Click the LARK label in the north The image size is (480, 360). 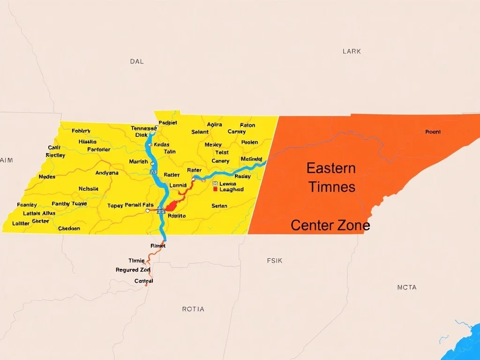coord(352,51)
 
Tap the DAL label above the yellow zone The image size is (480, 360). coord(137,61)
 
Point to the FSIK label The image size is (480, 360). coord(275,261)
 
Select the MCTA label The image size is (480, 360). coord(406,287)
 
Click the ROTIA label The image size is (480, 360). coord(193,309)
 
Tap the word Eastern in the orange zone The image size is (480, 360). coord(331,168)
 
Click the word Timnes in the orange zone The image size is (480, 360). coord(331,187)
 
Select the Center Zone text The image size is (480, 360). coord(330,225)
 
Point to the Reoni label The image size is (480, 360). coord(433,132)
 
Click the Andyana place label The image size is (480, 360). coord(107,173)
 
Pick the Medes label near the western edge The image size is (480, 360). coord(47,177)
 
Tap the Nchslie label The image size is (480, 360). coord(89,189)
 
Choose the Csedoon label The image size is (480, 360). coord(69,229)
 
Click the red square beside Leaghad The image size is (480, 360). coord(215,189)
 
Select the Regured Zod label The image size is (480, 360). coord(133,270)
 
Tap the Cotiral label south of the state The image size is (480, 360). coord(143,281)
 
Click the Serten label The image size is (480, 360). coord(219,206)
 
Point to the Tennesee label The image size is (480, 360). coord(143,128)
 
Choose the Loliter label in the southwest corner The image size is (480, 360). coord(20,224)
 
